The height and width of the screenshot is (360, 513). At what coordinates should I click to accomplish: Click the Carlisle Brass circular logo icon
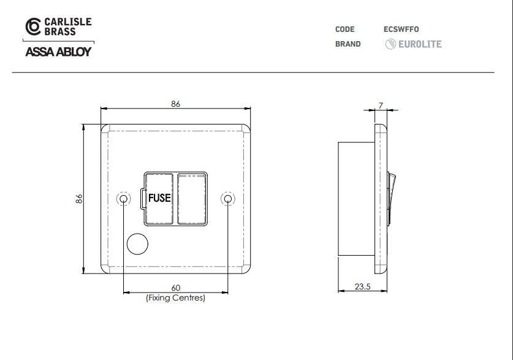(33, 26)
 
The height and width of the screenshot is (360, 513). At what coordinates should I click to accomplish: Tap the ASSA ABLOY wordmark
(58, 52)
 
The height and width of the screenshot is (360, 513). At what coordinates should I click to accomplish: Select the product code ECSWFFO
(401, 29)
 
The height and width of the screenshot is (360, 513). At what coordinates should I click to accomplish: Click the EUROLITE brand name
(420, 44)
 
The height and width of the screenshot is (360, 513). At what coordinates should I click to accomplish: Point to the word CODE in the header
(345, 29)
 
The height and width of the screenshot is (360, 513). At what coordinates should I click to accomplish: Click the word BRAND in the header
(348, 44)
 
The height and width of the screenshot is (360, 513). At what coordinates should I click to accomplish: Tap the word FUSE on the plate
(159, 198)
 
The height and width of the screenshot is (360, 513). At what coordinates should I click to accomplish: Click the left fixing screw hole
(123, 199)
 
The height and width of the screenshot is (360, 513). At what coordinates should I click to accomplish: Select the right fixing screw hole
(228, 199)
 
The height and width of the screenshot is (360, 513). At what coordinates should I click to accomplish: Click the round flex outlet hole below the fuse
(137, 244)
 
